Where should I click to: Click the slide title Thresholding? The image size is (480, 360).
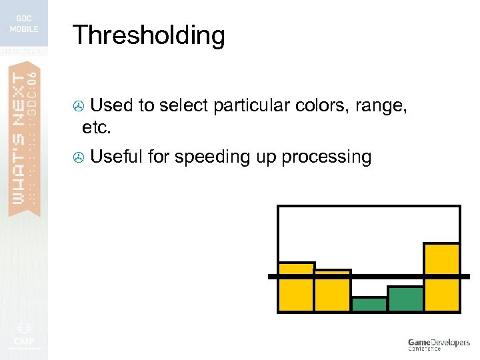point(149,35)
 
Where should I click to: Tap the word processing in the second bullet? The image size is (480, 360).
point(326,158)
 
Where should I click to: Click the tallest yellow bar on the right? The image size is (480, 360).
point(441,277)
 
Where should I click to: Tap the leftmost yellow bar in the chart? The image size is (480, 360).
point(296,287)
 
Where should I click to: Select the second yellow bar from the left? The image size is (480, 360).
point(333,291)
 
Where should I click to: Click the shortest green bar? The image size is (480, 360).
point(369,304)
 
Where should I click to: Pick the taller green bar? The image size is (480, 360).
point(405,299)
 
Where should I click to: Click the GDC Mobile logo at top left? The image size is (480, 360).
point(24,24)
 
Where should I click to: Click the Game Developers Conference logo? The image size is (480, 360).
point(439,344)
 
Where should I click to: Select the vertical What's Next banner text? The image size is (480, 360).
point(24,133)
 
